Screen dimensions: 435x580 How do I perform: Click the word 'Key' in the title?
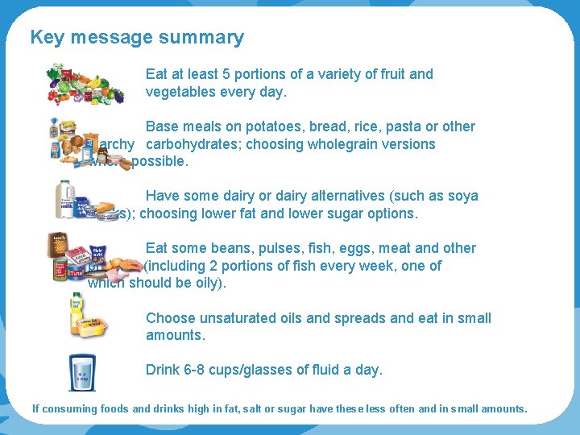coord(46,37)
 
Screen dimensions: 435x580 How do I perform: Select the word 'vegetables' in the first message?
coord(180,92)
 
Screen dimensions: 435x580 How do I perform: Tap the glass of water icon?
coord(82,371)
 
